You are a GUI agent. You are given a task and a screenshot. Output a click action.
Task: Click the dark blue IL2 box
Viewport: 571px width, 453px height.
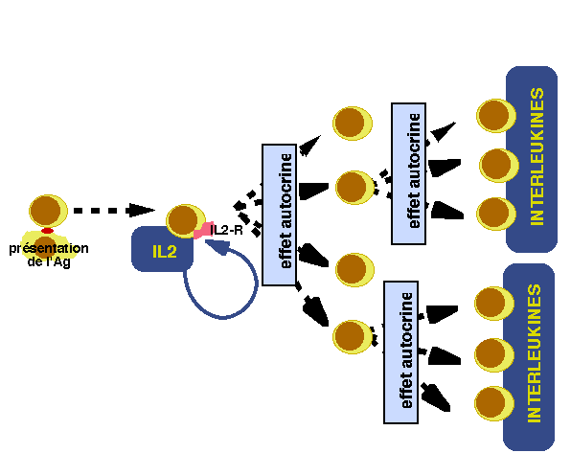click(x=162, y=250)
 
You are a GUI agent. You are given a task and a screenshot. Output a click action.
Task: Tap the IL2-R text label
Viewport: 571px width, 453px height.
click(x=226, y=230)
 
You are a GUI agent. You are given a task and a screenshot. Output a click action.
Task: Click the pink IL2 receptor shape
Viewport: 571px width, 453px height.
click(x=203, y=230)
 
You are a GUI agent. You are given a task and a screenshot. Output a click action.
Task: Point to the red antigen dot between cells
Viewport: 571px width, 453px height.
click(x=47, y=231)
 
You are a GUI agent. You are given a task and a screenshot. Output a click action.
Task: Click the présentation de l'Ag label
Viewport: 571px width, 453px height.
click(x=49, y=255)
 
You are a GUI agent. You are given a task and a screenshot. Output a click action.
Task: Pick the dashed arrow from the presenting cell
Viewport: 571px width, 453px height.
click(x=114, y=210)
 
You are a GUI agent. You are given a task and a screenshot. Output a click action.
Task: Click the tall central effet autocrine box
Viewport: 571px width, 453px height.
click(x=280, y=215)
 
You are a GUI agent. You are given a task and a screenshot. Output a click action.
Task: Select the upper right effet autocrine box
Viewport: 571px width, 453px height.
click(x=408, y=173)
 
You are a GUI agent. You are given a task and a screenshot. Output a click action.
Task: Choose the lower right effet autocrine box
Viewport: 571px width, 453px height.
click(x=400, y=352)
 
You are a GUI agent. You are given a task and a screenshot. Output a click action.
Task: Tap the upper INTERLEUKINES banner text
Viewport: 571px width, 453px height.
click(x=537, y=156)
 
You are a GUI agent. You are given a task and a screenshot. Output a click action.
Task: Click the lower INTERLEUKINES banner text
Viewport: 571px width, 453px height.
click(x=535, y=353)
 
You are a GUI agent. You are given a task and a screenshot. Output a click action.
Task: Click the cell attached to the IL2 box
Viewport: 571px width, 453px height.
click(x=185, y=220)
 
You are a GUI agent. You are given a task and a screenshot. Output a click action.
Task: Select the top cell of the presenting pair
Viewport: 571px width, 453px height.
click(x=48, y=211)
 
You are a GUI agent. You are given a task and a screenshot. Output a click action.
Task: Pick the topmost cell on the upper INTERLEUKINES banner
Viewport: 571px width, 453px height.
click(x=496, y=116)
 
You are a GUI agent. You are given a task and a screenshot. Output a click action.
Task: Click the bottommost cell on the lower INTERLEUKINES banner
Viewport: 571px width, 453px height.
click(x=494, y=403)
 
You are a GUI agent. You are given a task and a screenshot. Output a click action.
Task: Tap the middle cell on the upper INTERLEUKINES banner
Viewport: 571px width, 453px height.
click(x=499, y=166)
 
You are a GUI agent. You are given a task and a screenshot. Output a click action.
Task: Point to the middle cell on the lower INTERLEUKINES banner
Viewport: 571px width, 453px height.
click(x=494, y=354)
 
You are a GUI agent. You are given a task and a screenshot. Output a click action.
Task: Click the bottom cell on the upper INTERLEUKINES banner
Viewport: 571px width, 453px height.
click(x=496, y=214)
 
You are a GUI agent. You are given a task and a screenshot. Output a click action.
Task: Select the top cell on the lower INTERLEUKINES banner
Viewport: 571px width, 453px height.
click(x=494, y=304)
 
